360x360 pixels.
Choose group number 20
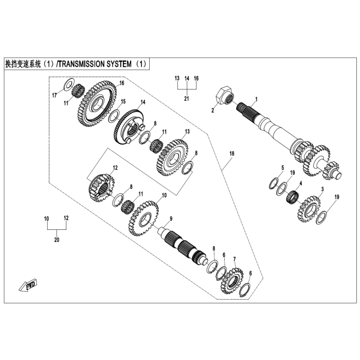[x=56, y=239]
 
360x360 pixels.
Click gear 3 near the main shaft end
[x=309, y=208]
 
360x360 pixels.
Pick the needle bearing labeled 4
[x=295, y=196]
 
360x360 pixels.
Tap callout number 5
[x=282, y=168]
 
